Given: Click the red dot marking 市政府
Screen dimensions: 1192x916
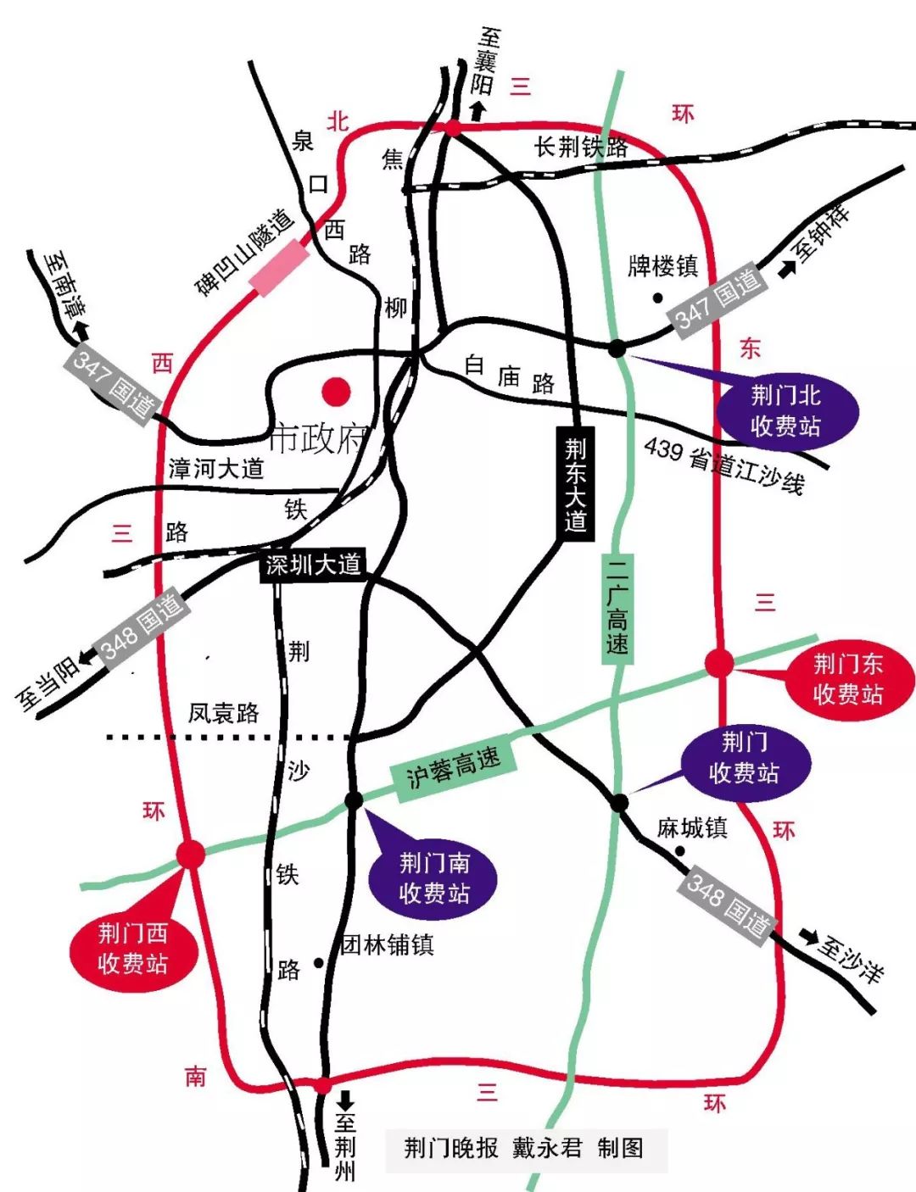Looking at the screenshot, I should click(337, 391).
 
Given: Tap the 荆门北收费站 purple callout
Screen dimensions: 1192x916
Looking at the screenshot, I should click(786, 411).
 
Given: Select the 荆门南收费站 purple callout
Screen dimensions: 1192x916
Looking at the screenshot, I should click(433, 878).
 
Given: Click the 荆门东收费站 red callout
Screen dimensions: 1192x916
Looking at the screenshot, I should click(848, 679).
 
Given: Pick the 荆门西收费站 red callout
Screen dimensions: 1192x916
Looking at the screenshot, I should click(132, 949).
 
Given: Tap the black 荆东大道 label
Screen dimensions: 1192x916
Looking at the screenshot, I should click(576, 484).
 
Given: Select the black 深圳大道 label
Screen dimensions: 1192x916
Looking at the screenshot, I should click(313, 565).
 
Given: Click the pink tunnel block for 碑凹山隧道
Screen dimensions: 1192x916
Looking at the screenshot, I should click(278, 267).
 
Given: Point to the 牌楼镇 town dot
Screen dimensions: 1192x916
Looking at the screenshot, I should click(657, 298).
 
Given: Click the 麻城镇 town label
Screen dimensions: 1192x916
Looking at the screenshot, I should click(692, 827).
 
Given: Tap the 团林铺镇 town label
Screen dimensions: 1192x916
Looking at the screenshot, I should click(388, 944).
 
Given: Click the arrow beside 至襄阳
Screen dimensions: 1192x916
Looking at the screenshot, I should click(478, 110).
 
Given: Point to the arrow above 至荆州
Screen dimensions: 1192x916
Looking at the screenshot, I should click(345, 1100).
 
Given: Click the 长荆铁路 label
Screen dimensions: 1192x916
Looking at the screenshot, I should click(581, 147).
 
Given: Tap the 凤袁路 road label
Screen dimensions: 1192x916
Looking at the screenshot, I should click(224, 713).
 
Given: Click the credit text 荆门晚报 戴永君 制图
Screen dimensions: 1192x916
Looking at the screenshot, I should click(524, 1149).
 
